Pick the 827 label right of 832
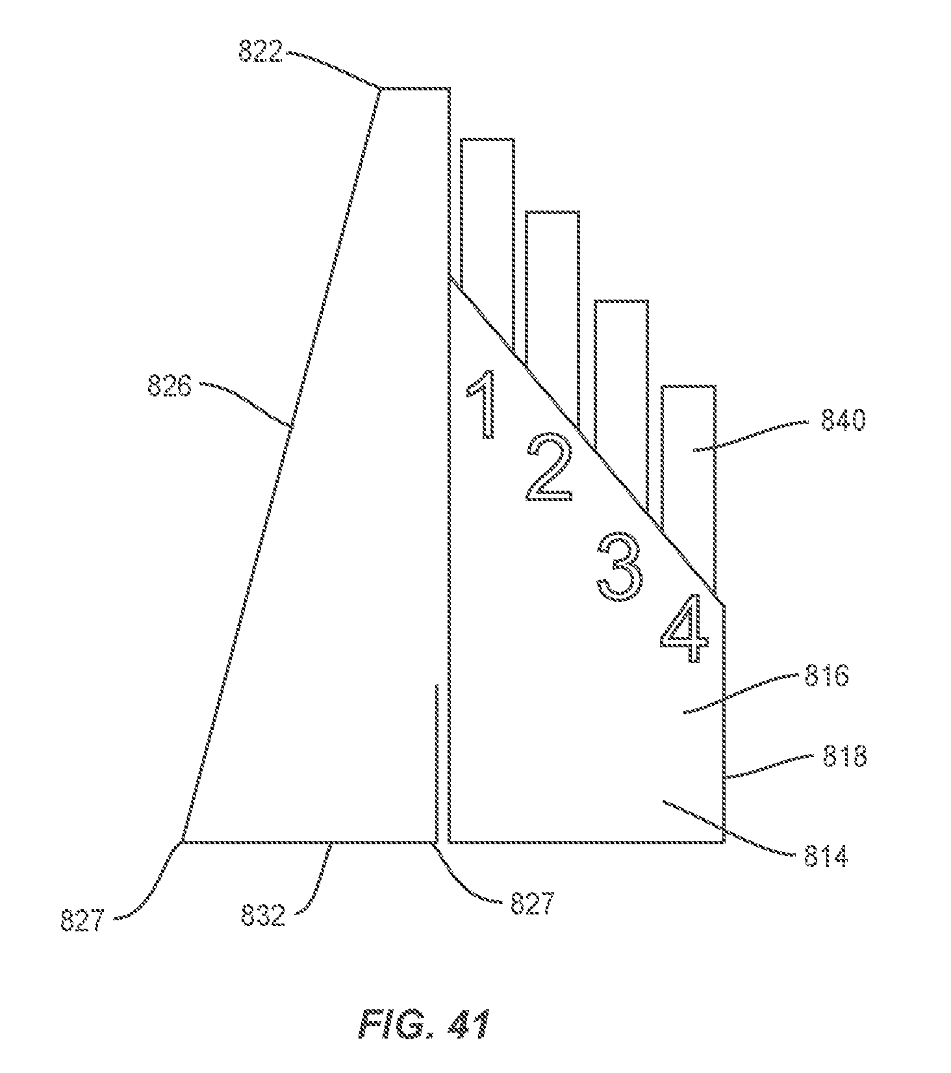tap(531, 904)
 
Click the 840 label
tap(843, 422)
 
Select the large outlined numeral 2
tap(549, 469)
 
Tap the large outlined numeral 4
tap(683, 629)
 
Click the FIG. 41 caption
tap(424, 1024)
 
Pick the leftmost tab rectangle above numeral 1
tap(488, 214)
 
